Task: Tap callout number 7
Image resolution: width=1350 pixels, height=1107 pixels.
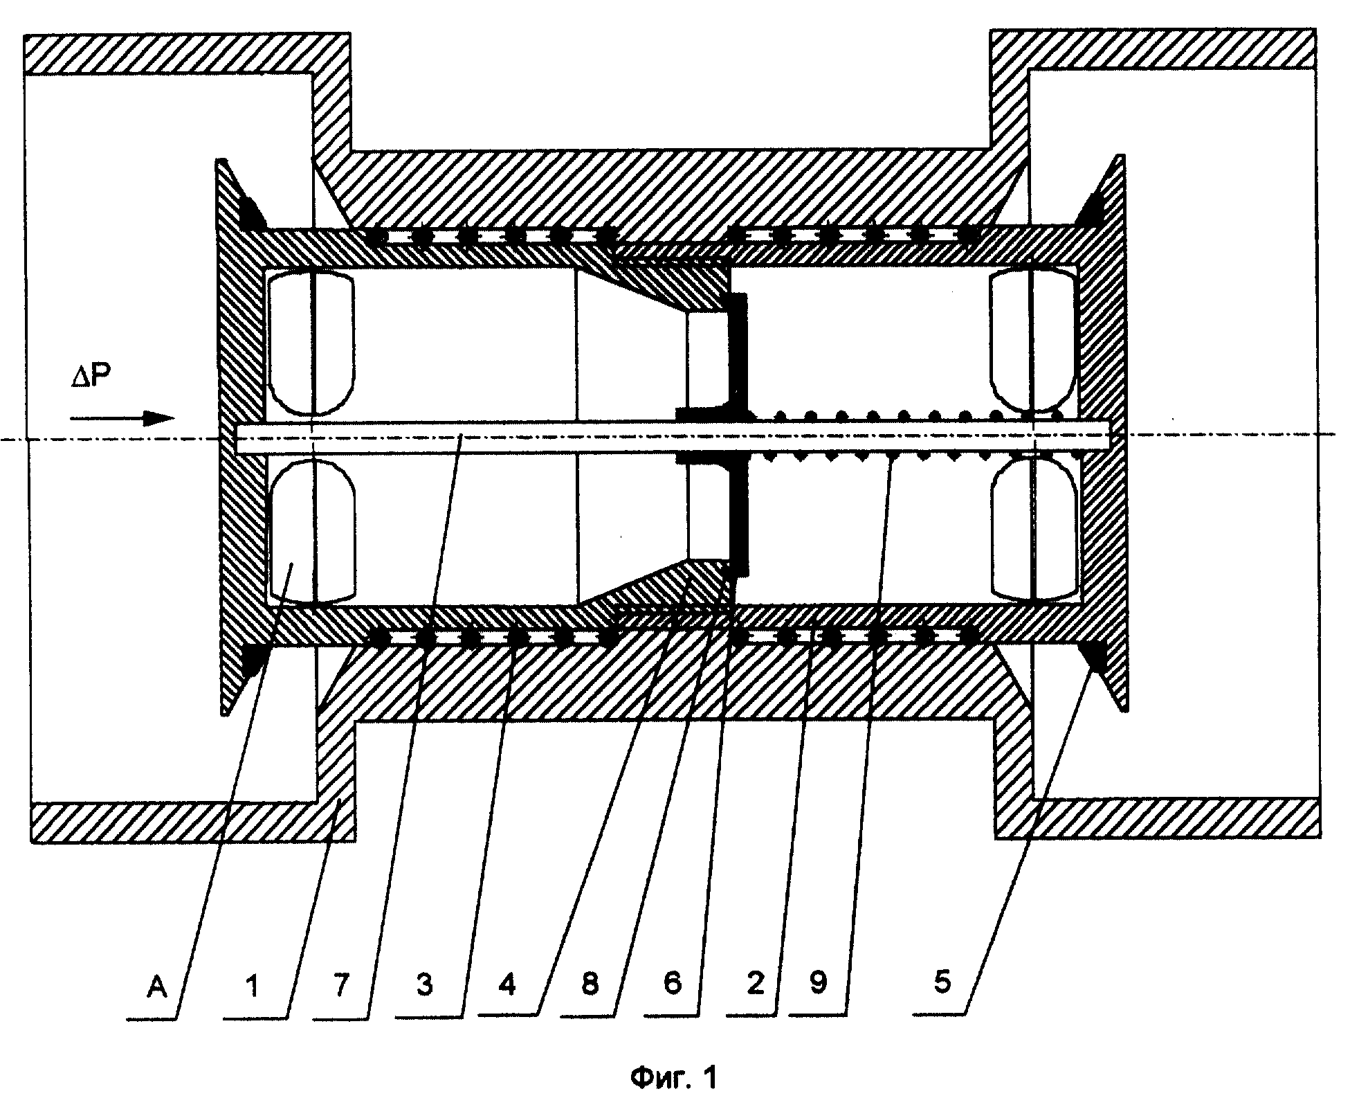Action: (340, 985)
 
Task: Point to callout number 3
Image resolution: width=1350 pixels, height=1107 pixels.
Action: (424, 985)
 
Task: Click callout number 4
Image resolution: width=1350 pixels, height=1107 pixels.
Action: (507, 984)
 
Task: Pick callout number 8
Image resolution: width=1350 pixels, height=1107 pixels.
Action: (590, 984)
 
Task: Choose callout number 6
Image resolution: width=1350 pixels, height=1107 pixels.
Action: (673, 984)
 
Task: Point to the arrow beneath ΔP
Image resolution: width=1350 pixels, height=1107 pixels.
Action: (122, 417)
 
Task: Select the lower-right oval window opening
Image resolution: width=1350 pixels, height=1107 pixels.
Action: (1034, 528)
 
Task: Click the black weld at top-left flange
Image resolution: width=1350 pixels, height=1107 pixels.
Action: (252, 211)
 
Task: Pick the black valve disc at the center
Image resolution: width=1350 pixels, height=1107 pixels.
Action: (738, 435)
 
